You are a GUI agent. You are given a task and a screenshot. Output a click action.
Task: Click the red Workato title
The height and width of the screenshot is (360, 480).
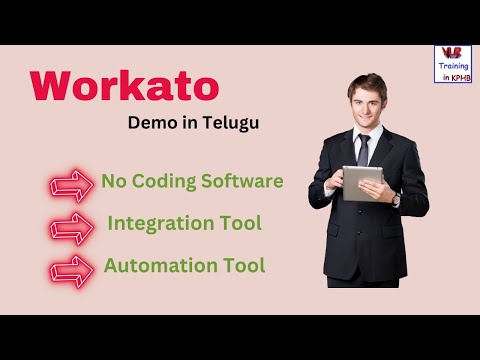point(125,87)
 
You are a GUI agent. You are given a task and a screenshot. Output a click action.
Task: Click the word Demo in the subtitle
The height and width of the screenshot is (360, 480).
point(152,124)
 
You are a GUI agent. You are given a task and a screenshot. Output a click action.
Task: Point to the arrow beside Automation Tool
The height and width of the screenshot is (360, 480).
point(70,269)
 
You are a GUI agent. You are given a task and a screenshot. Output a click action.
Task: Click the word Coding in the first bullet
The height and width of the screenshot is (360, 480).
point(160,182)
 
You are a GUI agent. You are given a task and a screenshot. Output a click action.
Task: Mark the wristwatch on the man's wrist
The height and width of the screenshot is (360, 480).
point(395,199)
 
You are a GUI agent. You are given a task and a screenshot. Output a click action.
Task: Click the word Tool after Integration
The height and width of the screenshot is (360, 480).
point(240,224)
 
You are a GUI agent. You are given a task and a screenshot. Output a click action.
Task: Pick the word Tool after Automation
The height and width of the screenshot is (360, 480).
point(244,266)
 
